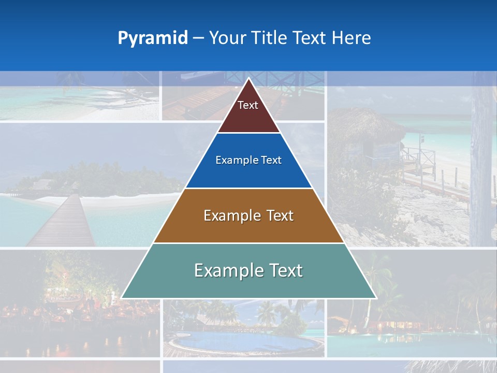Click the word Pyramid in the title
click(153, 38)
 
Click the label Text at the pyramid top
click(248, 105)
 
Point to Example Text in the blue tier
click(248, 160)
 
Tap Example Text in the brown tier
click(248, 216)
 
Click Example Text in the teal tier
click(248, 270)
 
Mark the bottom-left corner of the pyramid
click(122, 298)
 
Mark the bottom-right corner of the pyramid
click(376, 298)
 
